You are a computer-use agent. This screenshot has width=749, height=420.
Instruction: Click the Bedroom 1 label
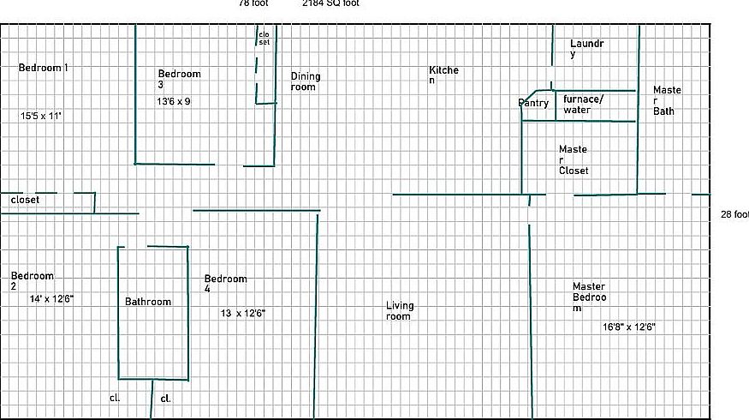44,68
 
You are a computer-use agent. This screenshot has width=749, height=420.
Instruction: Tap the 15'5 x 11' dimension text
42,115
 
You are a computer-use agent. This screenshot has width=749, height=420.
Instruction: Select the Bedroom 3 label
179,79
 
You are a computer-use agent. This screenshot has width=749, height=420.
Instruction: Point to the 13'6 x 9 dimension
174,101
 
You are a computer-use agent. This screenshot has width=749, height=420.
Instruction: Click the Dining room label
304,81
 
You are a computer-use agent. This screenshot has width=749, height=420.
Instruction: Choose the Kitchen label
443,75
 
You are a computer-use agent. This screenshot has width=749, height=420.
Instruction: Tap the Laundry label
587,48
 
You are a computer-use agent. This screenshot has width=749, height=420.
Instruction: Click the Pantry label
533,104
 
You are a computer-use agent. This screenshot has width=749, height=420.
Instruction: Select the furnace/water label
582,104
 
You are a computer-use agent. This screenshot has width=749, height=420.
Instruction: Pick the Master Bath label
667,100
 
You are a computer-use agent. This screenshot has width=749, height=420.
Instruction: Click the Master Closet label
574,159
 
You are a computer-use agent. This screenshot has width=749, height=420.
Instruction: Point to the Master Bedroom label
589,297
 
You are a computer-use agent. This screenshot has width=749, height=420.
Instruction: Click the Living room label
400,310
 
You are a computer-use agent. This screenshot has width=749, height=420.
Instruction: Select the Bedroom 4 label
225,284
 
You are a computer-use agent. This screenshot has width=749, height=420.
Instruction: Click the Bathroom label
148,302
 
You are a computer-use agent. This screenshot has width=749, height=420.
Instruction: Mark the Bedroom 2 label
32,281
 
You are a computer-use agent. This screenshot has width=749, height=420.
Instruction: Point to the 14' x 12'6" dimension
51,299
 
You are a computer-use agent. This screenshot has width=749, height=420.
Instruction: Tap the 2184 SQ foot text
330,3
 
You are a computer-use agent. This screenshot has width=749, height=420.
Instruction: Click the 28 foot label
734,214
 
